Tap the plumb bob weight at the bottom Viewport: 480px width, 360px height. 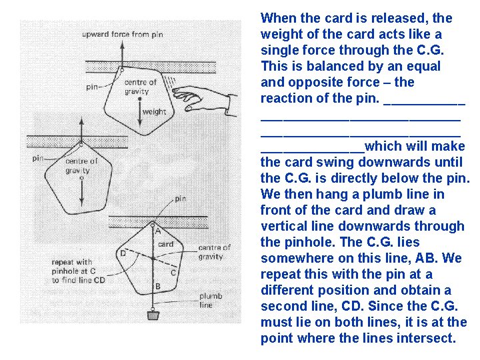[153, 314]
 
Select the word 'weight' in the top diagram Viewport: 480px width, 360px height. [154, 112]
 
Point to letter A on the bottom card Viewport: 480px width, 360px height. [158, 232]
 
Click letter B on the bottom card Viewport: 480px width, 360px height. [157, 287]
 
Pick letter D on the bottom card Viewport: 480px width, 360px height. [123, 253]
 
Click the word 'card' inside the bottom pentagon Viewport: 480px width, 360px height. [166, 244]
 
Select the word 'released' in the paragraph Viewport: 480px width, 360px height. [402, 18]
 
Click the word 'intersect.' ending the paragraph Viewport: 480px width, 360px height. [425, 338]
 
